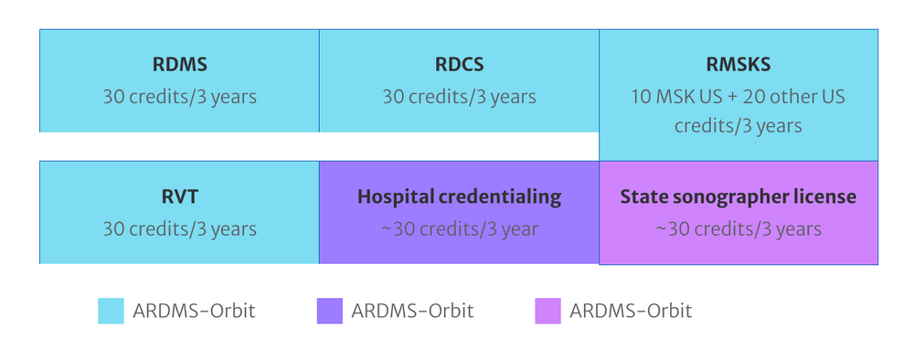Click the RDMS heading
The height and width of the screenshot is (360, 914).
pos(179,66)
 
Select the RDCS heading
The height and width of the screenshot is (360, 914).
pos(459,66)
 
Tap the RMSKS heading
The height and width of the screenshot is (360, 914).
pos(738,66)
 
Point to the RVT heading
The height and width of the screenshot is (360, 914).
pos(179,197)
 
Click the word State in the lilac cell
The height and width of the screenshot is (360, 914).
pos(643,197)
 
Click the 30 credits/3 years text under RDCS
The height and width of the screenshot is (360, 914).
pos(459,96)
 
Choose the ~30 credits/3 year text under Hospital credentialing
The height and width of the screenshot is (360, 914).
pos(459,228)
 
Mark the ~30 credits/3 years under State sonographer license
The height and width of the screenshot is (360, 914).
pos(738,228)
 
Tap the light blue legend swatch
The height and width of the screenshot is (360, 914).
pos(111,311)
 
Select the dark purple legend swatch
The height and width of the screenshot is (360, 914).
pos(329,311)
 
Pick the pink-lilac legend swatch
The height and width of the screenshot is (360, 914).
pos(547,311)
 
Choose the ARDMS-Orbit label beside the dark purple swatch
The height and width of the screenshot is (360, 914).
pos(412,311)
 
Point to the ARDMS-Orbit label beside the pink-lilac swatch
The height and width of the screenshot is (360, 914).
pos(631,311)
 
